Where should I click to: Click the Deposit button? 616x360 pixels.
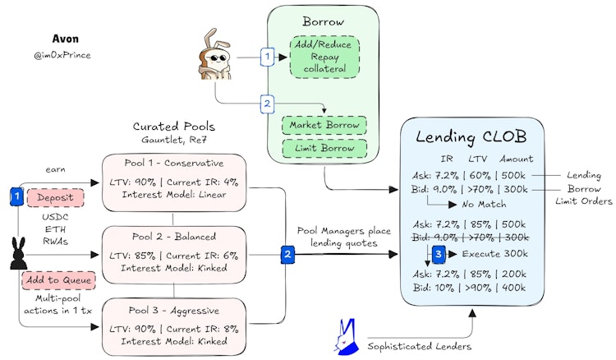55,198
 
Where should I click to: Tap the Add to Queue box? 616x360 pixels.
58,280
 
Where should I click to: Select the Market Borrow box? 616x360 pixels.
324,125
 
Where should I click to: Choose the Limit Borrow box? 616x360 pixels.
324,148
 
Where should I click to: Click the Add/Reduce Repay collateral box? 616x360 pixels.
324,57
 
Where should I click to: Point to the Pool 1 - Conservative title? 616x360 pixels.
174,163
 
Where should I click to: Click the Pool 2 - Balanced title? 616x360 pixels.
174,237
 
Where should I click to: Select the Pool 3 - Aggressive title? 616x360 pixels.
174,311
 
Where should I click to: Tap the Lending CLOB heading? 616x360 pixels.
471,137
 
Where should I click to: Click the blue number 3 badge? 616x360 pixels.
439,254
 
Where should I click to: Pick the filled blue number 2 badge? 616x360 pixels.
287,254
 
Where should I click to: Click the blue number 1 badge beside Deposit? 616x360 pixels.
16,196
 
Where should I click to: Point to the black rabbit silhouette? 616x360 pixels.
18,253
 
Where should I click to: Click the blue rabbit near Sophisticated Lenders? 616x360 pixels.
346,336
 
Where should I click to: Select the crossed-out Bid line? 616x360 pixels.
471,238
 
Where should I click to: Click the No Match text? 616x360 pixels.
484,205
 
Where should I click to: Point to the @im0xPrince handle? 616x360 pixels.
62,55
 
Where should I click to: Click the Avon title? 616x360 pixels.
65,39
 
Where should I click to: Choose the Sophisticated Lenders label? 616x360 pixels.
420,346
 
